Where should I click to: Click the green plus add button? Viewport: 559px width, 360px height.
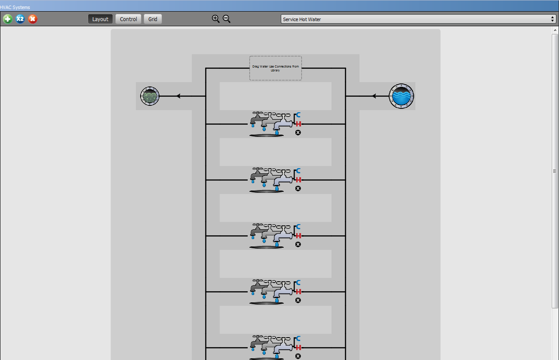pyautogui.click(x=7, y=19)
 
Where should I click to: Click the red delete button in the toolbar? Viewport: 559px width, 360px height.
pyautogui.click(x=32, y=19)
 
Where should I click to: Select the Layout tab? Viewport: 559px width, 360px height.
pyautogui.click(x=100, y=19)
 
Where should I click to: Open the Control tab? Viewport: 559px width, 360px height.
pyautogui.click(x=128, y=19)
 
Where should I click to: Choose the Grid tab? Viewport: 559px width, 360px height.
pyautogui.click(x=153, y=19)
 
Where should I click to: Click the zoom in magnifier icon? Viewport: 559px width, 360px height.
pyautogui.click(x=215, y=19)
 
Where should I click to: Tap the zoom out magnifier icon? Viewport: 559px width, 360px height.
pyautogui.click(x=227, y=19)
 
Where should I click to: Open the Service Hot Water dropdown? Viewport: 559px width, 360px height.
pyautogui.click(x=418, y=19)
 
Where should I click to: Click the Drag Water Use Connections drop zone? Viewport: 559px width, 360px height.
pyautogui.click(x=276, y=68)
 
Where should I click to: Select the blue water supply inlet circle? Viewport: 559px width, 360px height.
pyautogui.click(x=401, y=96)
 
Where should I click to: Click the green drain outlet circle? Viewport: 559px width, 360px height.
pyautogui.click(x=150, y=96)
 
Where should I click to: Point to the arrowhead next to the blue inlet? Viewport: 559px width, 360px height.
pyautogui.click(x=374, y=96)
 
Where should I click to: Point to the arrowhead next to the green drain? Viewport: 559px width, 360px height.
pyautogui.click(x=178, y=96)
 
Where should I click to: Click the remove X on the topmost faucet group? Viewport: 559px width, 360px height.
pyautogui.click(x=298, y=132)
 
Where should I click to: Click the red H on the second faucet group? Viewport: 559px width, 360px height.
pyautogui.click(x=298, y=180)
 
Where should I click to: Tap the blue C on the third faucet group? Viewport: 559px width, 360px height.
pyautogui.click(x=298, y=226)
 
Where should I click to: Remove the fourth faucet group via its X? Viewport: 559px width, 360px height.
pyautogui.click(x=298, y=300)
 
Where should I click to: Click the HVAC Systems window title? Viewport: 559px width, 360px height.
pyautogui.click(x=15, y=7)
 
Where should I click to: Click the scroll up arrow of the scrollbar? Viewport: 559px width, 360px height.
pyautogui.click(x=555, y=30)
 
